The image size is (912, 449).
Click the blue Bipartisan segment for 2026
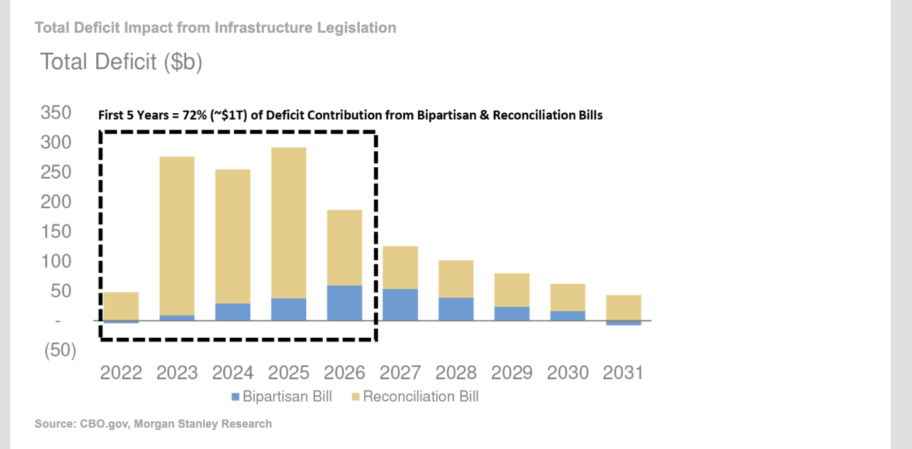point(345,302)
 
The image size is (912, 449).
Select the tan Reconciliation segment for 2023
point(177,236)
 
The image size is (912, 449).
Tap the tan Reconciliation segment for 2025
point(289,223)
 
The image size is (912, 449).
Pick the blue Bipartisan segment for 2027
point(400,304)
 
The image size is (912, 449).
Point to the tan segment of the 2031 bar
point(623,308)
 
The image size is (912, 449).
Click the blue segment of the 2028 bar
point(456,309)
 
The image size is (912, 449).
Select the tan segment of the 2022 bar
point(121,306)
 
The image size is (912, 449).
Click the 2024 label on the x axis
point(233,373)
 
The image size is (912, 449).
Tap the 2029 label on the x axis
point(511,373)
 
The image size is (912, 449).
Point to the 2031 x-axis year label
point(623,373)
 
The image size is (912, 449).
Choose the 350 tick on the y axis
point(56,113)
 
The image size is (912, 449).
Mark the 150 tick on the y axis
point(56,231)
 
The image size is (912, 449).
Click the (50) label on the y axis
point(60,351)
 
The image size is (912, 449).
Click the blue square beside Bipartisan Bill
point(236,397)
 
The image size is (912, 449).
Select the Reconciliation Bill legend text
point(421,397)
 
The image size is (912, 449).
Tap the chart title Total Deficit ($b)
point(121,62)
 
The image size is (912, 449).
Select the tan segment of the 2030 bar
point(567,297)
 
